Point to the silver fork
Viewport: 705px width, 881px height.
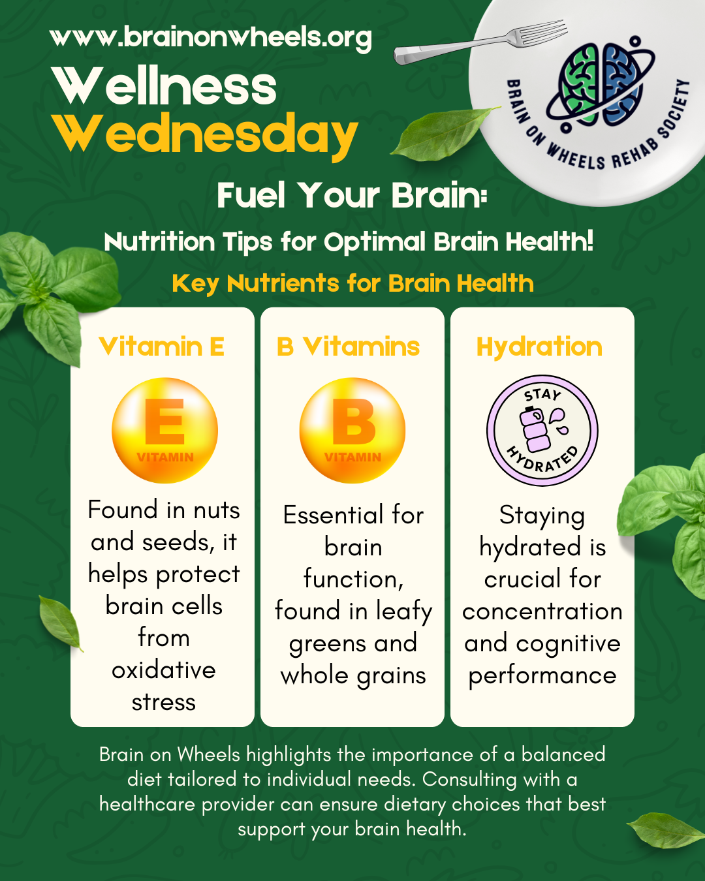[x=480, y=42]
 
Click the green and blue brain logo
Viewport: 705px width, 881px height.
[x=600, y=85]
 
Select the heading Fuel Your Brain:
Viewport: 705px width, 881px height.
[x=352, y=195]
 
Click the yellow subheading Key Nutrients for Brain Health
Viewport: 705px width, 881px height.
[x=352, y=283]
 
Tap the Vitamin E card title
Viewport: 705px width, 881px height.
[x=161, y=347]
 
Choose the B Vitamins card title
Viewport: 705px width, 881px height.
[x=348, y=347]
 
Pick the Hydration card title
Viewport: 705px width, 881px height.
[x=539, y=348]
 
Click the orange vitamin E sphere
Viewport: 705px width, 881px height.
[x=164, y=430]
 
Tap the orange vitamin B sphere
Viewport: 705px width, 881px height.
[x=352, y=430]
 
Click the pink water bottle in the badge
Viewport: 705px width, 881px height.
[x=534, y=430]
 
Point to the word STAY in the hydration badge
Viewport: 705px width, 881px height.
[x=542, y=395]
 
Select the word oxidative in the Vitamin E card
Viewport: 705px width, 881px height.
[x=164, y=670]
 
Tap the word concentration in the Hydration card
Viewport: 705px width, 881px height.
[x=542, y=612]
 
